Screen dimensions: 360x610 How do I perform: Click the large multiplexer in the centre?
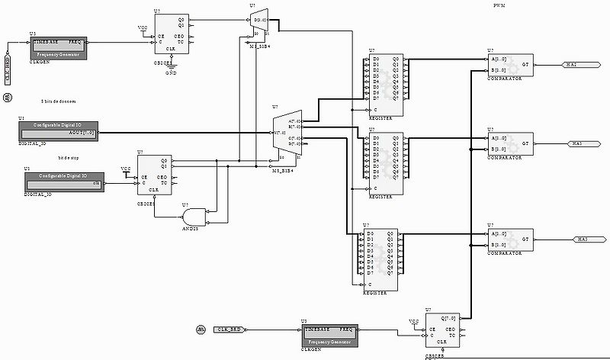point(284,139)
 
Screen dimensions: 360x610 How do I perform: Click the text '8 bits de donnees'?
point(58,101)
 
